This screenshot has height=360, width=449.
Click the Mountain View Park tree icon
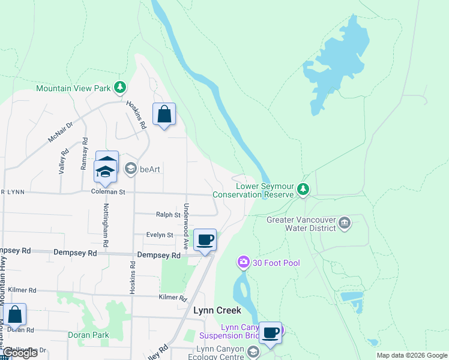tap(120, 88)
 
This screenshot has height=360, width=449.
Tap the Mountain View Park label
tap(73, 88)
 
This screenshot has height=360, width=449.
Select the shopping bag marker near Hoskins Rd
tap(164, 114)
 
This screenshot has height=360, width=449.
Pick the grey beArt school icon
tap(130, 169)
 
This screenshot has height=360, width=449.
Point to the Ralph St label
tap(168, 214)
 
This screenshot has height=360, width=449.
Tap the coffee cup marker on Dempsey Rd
tap(205, 240)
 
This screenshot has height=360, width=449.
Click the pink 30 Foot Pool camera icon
tap(243, 262)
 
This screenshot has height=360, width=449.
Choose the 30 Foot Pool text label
tap(277, 263)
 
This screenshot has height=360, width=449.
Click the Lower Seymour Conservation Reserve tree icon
tap(304, 190)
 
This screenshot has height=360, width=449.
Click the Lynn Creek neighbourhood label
tap(217, 310)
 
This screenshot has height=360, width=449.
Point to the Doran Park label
tap(88, 335)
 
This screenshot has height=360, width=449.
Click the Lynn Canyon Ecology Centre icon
tap(253, 352)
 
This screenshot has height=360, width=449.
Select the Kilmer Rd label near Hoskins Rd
tap(173, 298)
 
